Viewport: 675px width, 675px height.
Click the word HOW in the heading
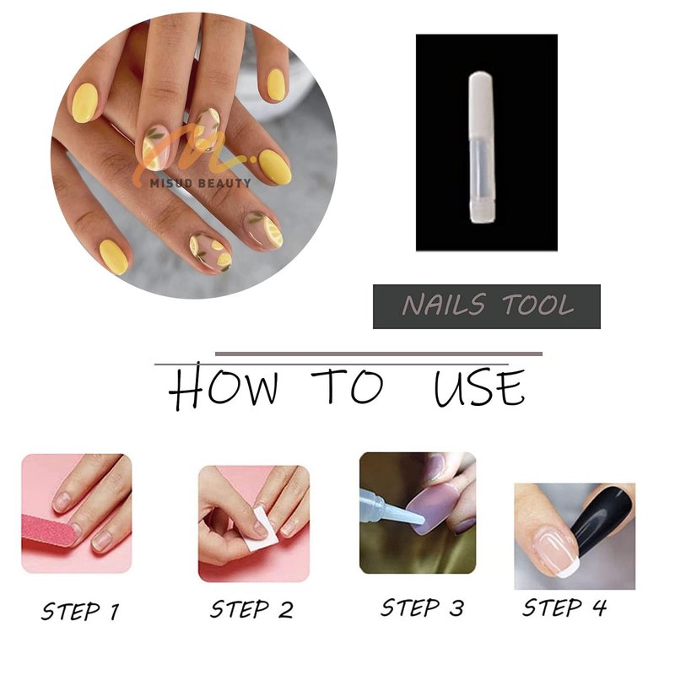tap(223, 386)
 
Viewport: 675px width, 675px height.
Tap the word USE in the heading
tap(479, 387)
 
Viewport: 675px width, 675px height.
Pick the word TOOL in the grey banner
tap(538, 305)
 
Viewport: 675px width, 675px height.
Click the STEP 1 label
tap(80, 611)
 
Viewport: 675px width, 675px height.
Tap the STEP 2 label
tap(251, 609)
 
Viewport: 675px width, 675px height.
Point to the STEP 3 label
tap(423, 607)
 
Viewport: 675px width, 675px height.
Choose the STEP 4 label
tap(564, 607)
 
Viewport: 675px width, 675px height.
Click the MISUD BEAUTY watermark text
tap(200, 183)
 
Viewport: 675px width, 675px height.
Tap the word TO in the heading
tap(348, 385)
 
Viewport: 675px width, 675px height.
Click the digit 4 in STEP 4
tap(599, 607)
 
